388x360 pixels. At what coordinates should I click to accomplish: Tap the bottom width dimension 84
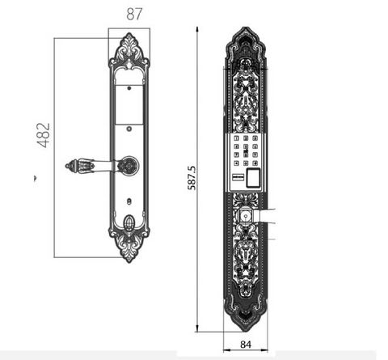[x=246, y=345]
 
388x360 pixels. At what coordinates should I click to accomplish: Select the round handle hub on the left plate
[x=128, y=167]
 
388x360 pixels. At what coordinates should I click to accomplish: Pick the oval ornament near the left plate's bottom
[x=129, y=222]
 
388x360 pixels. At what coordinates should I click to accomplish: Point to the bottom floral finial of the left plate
[x=129, y=247]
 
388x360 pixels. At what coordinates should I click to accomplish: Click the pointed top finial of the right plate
[x=246, y=36]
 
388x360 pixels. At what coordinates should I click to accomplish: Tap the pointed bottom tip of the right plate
[x=246, y=328]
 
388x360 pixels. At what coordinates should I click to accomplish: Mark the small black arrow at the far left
[x=35, y=176]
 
